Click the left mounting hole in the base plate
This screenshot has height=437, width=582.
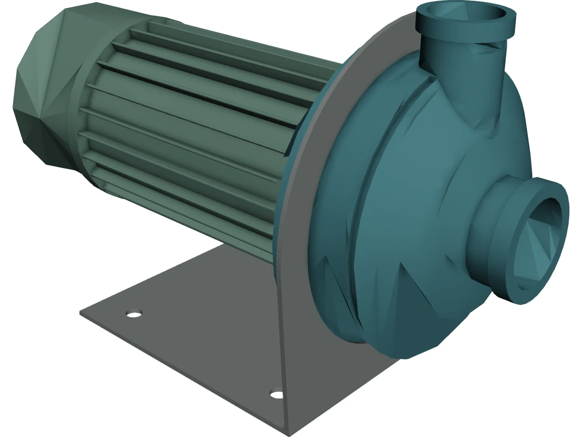[134, 314]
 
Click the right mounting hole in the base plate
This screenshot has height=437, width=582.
[276, 394]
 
